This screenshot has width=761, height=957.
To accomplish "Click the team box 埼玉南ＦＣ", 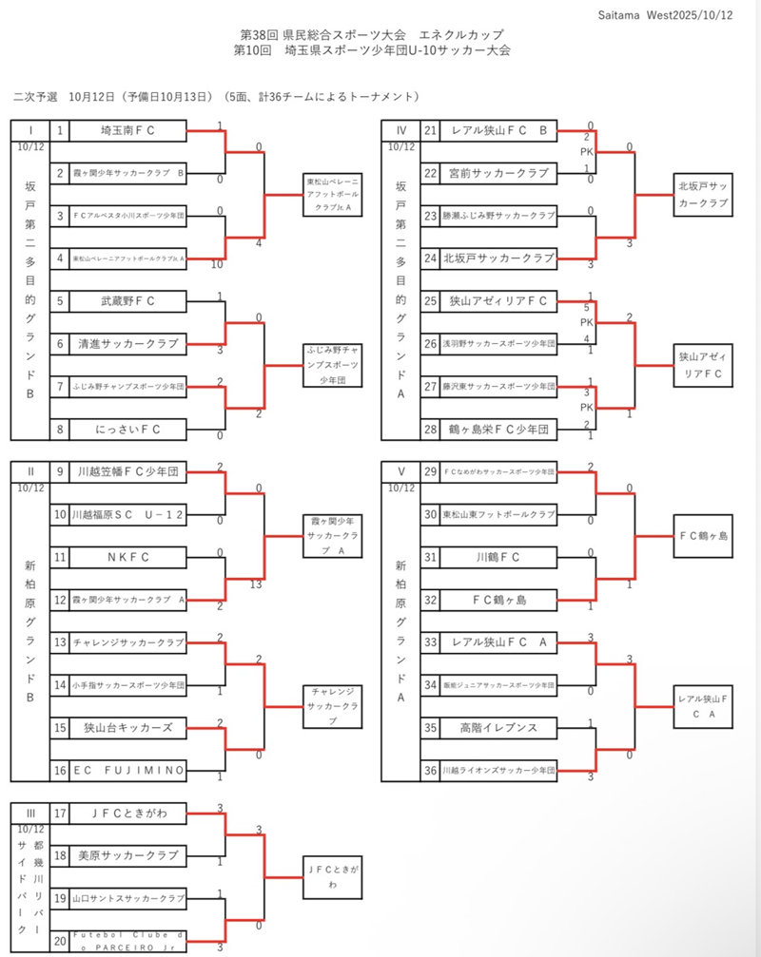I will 127,131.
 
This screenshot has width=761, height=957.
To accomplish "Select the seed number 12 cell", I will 59,600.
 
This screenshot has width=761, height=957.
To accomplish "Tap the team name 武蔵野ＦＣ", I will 127,301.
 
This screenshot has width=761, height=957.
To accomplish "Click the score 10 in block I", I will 219,265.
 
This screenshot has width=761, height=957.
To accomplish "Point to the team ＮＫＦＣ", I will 127,557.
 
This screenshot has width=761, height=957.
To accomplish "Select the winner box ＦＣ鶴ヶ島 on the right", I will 703,536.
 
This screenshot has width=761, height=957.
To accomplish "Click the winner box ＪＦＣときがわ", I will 332,875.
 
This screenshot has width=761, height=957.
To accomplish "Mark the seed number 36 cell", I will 431,771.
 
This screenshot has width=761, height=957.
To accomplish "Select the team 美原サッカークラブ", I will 127,855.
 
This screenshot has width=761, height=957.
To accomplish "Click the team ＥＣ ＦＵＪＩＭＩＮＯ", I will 127,771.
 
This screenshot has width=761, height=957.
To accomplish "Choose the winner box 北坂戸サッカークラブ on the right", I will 703,196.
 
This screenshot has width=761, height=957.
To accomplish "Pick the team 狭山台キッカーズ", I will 127,728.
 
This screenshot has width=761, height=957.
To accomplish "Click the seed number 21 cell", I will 431,131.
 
